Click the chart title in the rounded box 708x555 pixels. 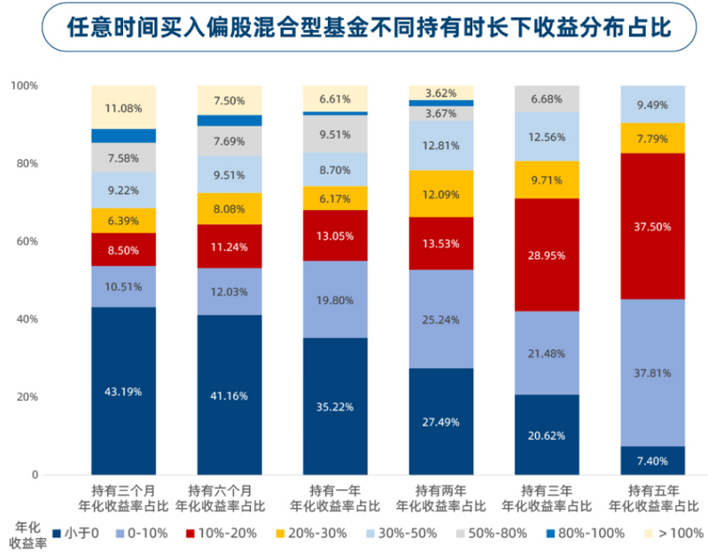354,28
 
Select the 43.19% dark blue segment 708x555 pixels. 123,391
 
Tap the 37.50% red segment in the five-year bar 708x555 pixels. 653,226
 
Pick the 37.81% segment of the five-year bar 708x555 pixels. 653,372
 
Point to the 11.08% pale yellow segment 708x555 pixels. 123,107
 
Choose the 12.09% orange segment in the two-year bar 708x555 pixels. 441,193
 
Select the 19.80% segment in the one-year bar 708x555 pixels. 335,300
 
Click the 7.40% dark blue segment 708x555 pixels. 653,461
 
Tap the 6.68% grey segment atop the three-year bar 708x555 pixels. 547,99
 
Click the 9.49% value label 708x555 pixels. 653,105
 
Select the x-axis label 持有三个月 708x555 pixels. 123,490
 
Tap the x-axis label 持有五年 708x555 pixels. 653,490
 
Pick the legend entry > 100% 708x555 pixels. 673,534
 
